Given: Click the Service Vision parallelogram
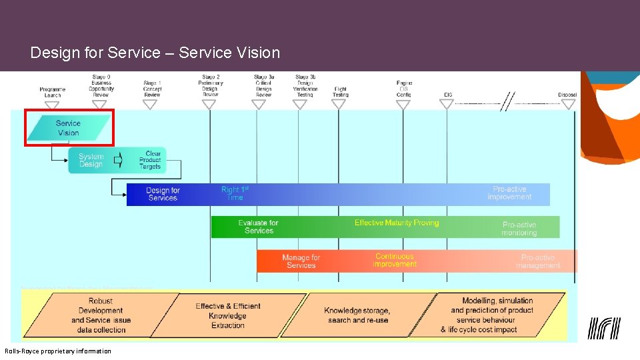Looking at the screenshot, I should (x=69, y=128).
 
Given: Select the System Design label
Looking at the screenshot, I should (x=91, y=161).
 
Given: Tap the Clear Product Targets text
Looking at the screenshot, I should (x=151, y=160).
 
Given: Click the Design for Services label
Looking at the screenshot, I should (x=163, y=194).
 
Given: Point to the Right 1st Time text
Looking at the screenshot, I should (x=235, y=193).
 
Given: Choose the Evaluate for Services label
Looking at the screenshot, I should (x=259, y=227).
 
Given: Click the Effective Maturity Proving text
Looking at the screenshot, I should (x=397, y=223).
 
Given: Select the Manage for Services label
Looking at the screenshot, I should (x=301, y=261).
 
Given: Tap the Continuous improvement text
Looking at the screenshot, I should (x=395, y=260).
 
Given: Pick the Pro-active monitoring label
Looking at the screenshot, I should (x=519, y=229).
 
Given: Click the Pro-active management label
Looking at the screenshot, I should (x=538, y=261).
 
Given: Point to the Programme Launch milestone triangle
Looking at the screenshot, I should (x=52, y=105).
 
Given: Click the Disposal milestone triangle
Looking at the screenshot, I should (x=568, y=104).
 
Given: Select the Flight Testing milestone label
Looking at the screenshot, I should (x=340, y=91).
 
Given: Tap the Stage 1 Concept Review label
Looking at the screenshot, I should (x=152, y=89).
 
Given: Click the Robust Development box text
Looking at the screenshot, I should (x=101, y=315).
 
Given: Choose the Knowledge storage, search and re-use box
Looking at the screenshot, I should (x=357, y=315).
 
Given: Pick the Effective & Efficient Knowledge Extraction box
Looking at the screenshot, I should (x=228, y=315).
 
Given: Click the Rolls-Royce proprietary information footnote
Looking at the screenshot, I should (x=58, y=351).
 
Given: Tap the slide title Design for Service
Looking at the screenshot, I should (x=155, y=53).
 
